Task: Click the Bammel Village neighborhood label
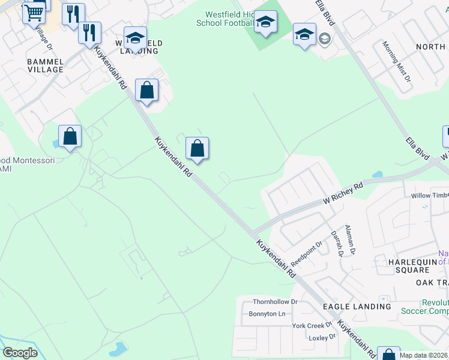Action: (x=37, y=65)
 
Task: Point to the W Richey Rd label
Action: (x=343, y=193)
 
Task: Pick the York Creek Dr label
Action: (x=312, y=326)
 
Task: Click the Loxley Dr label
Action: (x=322, y=337)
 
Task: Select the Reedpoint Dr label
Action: (x=306, y=254)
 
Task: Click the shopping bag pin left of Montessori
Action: (x=70, y=137)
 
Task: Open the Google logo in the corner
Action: (x=20, y=353)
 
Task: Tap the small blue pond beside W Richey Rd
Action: (x=377, y=175)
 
